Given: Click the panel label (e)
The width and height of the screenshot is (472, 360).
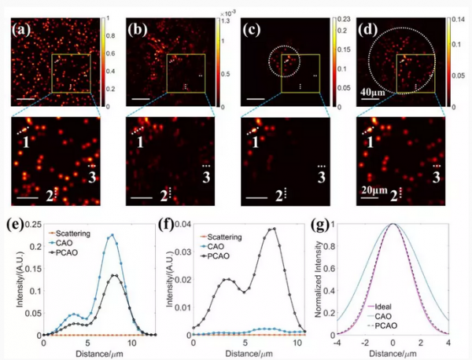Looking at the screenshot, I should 18,225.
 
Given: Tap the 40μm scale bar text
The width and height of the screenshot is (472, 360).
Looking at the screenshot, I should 381,93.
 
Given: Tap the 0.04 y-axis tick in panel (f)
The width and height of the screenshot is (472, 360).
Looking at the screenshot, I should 183,227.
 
